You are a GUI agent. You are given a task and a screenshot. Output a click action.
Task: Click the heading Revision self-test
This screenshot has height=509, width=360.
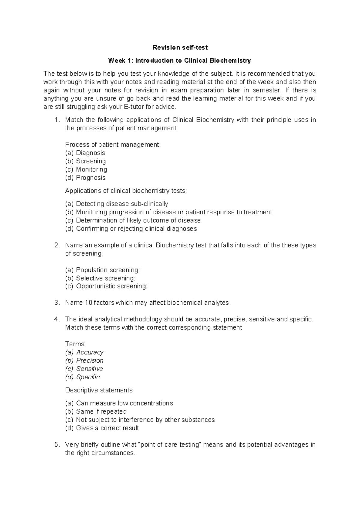180,47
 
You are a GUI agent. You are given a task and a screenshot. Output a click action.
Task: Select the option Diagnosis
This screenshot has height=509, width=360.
90,153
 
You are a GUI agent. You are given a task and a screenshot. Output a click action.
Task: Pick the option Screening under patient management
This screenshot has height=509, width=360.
91,161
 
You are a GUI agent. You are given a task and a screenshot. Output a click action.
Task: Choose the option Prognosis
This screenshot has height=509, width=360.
91,178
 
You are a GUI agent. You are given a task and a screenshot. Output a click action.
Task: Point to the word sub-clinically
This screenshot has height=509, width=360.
149,204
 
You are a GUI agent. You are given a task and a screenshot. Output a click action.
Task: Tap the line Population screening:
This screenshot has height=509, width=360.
108,270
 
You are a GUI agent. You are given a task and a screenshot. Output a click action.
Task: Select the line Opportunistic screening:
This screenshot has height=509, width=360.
111,286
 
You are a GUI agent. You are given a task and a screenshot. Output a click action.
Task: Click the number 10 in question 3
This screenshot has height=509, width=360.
88,303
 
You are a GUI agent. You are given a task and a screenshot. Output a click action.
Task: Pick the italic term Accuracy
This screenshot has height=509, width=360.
90,352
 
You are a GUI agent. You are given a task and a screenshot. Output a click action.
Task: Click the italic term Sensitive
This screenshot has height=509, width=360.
89,369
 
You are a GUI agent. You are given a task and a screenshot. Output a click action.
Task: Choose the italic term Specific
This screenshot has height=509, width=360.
88,377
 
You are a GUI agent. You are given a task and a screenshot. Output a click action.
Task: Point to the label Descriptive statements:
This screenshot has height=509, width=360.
99,390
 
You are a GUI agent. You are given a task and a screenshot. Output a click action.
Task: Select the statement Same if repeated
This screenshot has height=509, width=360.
101,411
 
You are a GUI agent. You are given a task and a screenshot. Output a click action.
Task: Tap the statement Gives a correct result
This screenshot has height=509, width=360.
107,428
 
